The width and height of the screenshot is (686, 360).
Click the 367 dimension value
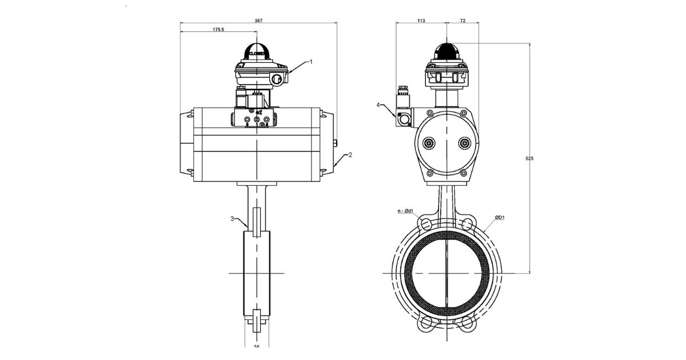(258, 20)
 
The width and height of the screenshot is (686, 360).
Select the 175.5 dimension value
(202, 29)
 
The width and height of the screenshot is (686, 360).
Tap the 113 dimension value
(421, 20)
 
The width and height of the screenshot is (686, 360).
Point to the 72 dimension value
(462, 20)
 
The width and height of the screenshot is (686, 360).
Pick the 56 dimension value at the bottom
(257, 346)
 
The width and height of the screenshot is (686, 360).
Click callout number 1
(311, 61)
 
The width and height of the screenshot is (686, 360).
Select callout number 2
(350, 154)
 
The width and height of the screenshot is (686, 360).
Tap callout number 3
(232, 218)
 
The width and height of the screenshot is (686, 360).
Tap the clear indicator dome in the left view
(258, 51)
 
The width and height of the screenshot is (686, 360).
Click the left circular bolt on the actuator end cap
(429, 143)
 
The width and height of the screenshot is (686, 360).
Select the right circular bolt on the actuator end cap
(464, 143)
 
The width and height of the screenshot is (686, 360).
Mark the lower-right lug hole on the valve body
(468, 323)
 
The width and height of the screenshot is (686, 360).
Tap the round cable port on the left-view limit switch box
(278, 78)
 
